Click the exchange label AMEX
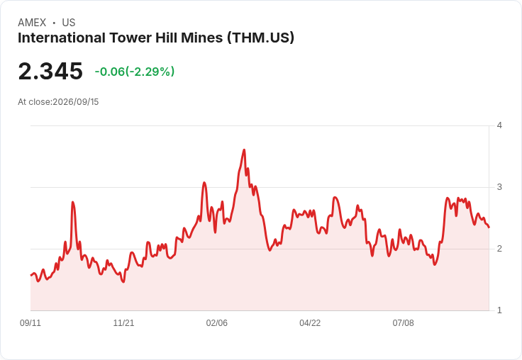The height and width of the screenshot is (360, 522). point(32,23)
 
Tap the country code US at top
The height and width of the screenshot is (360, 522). point(69,23)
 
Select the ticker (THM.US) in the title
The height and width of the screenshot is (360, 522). point(261,38)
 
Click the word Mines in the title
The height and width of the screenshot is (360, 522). point(201,38)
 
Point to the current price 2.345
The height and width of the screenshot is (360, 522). point(50,71)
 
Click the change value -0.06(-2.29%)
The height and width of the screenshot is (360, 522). point(135,72)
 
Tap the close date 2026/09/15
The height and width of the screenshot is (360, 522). point(76,102)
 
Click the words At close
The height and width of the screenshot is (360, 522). point(34,102)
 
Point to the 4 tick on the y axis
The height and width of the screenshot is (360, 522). point(499,125)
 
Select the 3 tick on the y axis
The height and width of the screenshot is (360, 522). point(499,187)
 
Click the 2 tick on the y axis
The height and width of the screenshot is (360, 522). point(499,249)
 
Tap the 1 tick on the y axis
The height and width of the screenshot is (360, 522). point(499,310)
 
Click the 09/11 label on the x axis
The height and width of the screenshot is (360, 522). point(30,322)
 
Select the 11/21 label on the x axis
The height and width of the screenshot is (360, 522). point(123,322)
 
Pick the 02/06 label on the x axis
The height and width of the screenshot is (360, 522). point(217,322)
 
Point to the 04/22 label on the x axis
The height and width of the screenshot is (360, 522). point(310,322)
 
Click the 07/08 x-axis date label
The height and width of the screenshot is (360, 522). point(403,322)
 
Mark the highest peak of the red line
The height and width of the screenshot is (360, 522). point(245,150)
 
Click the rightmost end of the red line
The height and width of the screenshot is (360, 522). point(489,227)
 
